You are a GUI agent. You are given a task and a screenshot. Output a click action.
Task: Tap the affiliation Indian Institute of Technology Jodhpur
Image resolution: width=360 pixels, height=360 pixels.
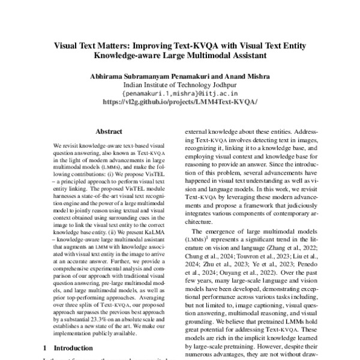click(180, 85)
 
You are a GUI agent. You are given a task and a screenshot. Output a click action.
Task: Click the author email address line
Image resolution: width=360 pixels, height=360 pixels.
click(180, 94)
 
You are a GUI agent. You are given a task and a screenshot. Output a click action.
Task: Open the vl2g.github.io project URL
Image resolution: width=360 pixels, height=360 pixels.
click(180, 103)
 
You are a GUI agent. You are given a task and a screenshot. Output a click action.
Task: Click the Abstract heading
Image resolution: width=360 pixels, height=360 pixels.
click(109, 131)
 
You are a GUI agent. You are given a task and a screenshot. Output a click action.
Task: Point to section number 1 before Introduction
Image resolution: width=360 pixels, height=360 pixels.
click(45, 347)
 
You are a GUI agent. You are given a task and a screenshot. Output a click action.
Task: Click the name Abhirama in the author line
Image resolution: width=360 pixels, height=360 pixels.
click(107, 76)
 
